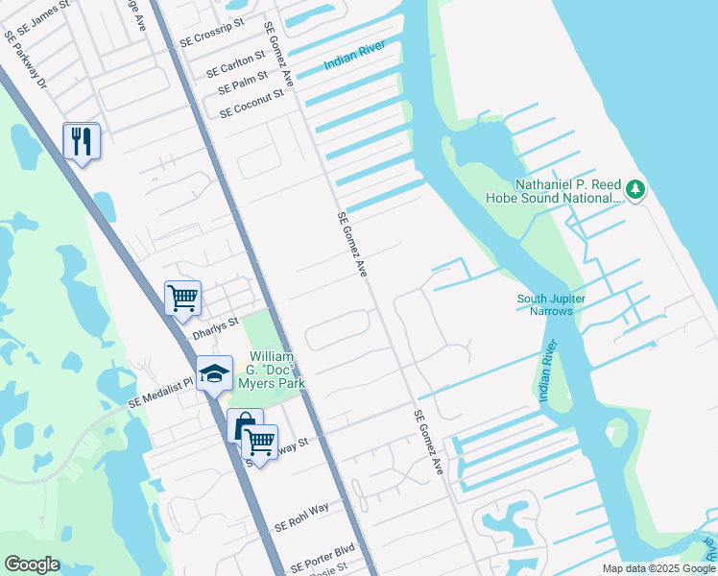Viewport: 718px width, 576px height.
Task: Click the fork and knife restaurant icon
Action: point(82,142)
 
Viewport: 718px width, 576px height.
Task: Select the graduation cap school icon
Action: point(214,374)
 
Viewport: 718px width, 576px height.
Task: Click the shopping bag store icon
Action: point(245,424)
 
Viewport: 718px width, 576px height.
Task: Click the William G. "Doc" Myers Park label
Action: point(274,370)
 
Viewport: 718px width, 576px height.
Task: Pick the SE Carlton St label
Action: point(237,65)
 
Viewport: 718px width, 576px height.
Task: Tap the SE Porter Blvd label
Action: point(323,560)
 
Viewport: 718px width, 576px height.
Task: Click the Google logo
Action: point(32,564)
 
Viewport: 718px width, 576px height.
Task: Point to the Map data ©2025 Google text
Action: point(658,568)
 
